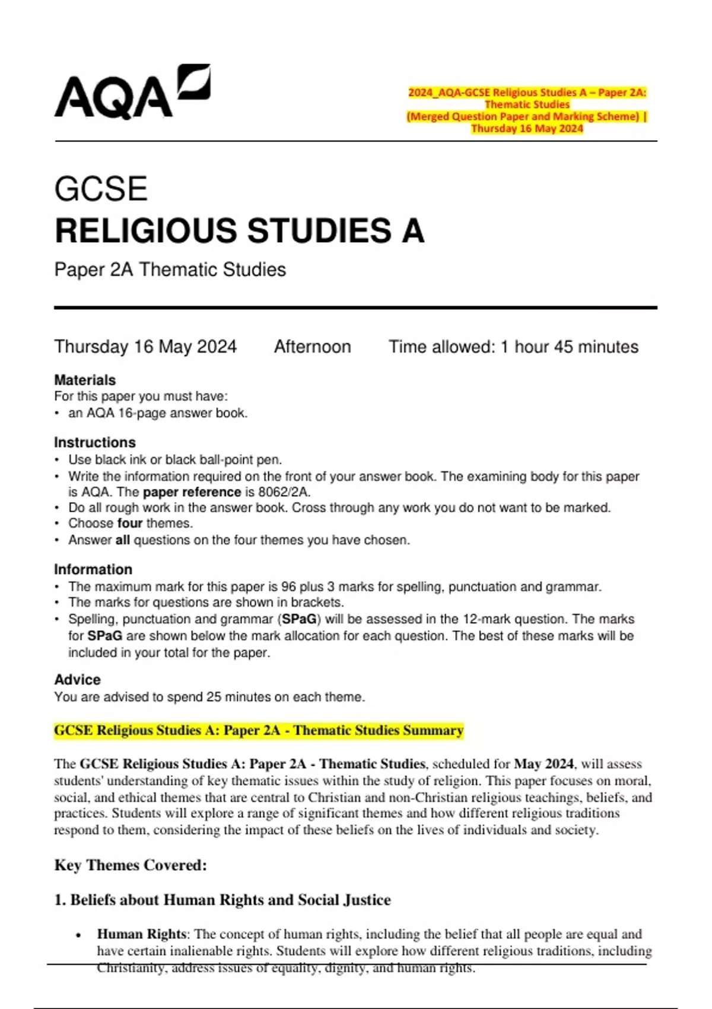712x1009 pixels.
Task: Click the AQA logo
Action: point(132,93)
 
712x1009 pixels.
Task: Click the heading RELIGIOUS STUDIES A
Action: point(239,231)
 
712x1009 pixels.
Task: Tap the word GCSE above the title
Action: point(101,189)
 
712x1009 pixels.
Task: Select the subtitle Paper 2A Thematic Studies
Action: point(170,269)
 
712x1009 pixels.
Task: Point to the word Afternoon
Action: point(312,347)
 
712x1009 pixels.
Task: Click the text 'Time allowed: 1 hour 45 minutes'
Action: point(513,347)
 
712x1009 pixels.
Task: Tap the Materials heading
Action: point(85,380)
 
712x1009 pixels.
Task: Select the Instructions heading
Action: point(95,442)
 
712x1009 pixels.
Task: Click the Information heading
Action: point(93,569)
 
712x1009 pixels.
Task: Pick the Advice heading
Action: point(78,680)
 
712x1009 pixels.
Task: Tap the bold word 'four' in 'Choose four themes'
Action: point(130,523)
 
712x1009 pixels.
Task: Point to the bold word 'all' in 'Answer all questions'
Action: point(122,540)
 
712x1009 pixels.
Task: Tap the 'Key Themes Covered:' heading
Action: point(131,865)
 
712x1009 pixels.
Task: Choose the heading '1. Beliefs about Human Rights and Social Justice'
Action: point(223,900)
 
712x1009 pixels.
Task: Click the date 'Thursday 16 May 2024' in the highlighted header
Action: point(527,129)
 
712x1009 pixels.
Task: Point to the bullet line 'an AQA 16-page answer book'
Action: point(158,413)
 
